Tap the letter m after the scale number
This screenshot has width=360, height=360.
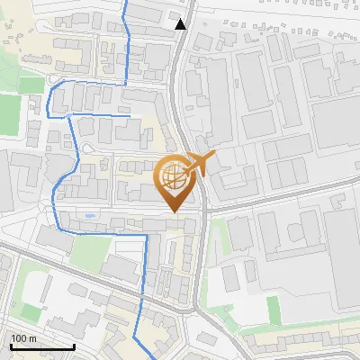click(31, 338)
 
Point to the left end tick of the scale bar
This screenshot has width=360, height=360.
click(11, 346)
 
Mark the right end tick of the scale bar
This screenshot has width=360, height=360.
click(74, 346)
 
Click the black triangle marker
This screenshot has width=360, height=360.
click(181, 24)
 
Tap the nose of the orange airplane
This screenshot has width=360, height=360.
click(215, 156)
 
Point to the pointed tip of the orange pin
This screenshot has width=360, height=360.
click(173, 212)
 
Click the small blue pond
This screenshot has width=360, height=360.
click(87, 217)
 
